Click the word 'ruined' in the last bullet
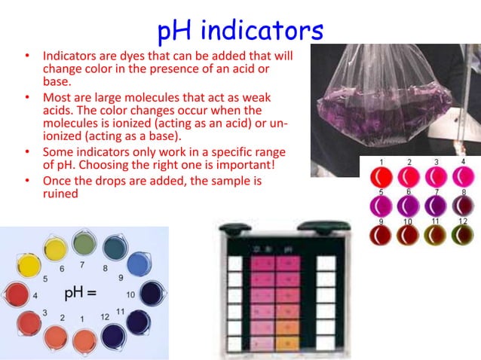[61, 193]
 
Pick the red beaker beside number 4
[17, 294]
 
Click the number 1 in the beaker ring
[81, 319]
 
